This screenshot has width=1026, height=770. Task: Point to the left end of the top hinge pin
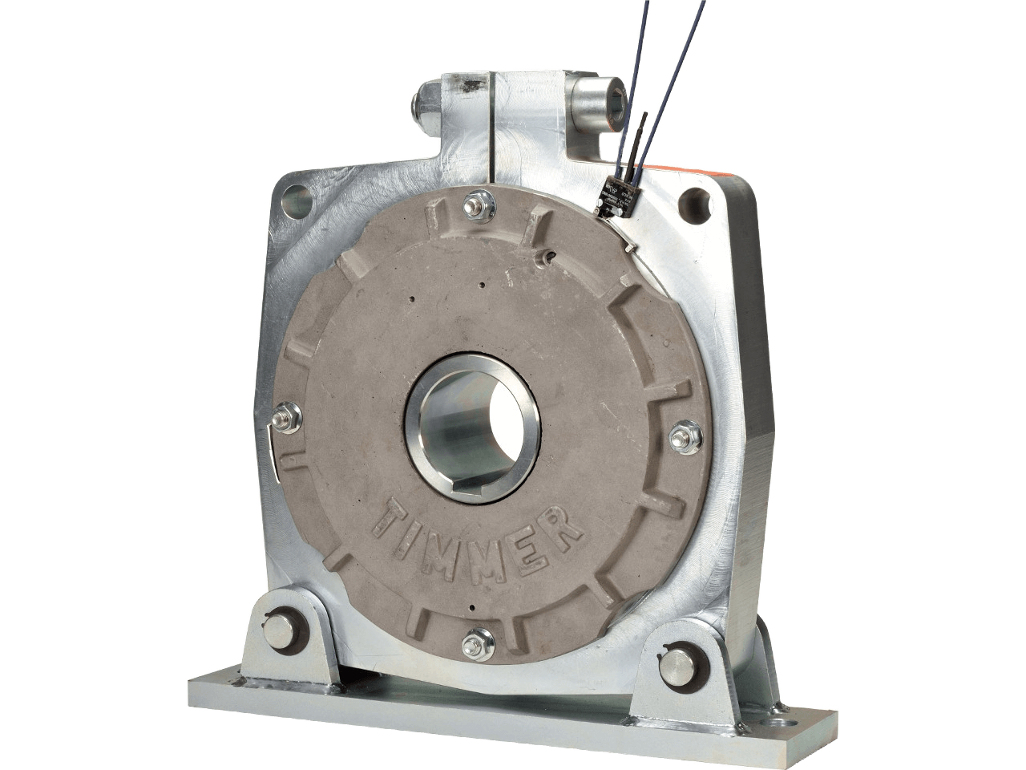(x=422, y=103)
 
